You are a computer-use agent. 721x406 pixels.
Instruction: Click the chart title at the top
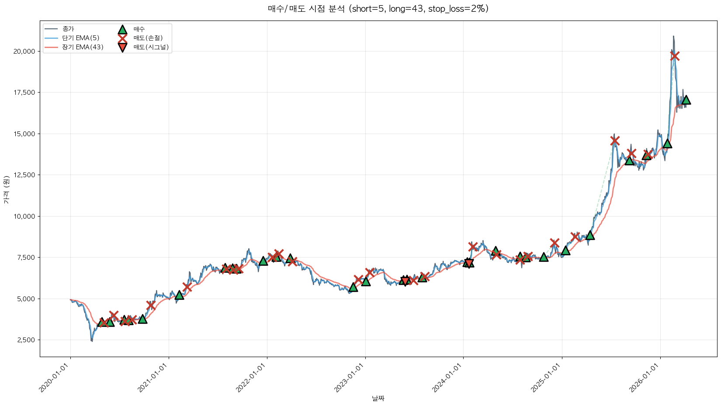pos(378,9)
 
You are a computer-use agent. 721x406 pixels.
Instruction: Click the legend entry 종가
pos(68,29)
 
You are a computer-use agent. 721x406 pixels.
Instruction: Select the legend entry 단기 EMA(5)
pos(80,38)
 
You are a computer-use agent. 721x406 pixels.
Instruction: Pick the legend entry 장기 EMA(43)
pos(83,47)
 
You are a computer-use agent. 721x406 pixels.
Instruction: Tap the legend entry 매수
pos(139,29)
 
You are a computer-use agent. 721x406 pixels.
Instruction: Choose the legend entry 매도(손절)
pos(148,38)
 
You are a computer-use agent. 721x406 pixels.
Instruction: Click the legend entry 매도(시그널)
pos(151,47)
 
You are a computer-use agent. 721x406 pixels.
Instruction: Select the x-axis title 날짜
pos(378,398)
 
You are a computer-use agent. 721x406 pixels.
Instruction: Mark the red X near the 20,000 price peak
pos(675,56)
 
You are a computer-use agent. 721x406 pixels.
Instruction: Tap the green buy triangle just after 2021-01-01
pos(179,295)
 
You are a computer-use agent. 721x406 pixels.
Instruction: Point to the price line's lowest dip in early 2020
pos(92,341)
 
